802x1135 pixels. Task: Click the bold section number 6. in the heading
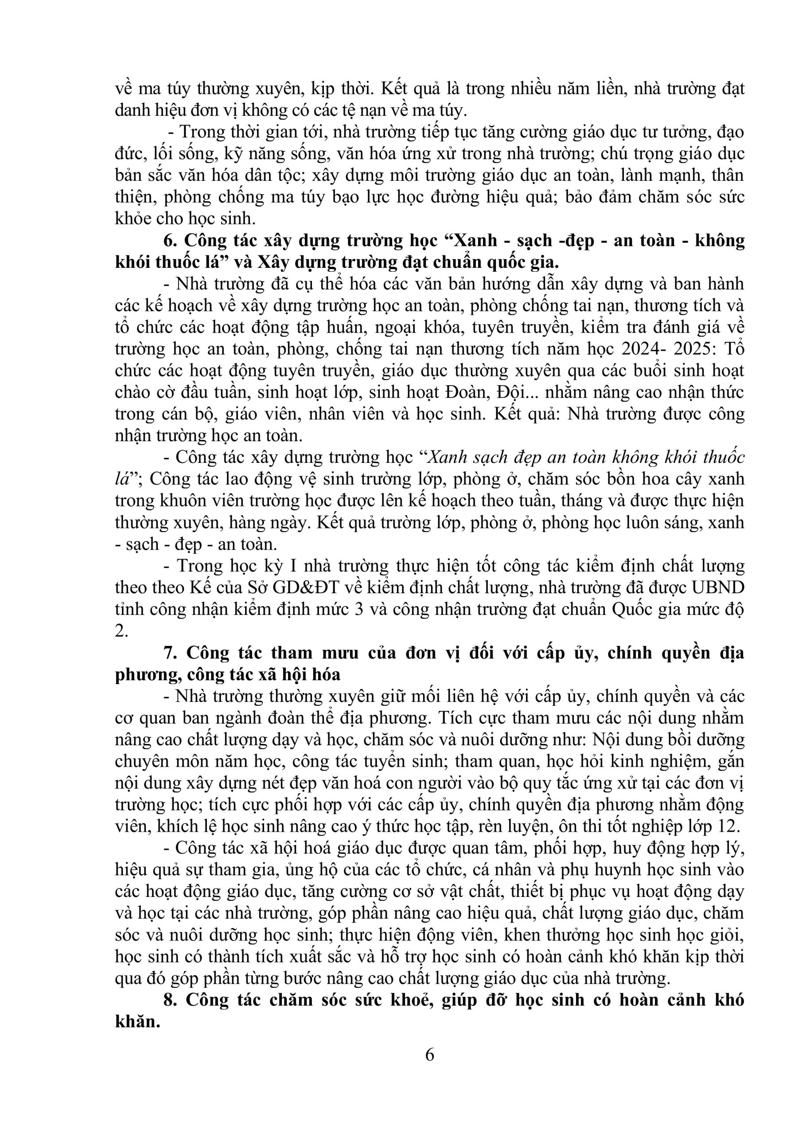[x=170, y=241]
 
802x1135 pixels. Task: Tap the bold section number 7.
[x=170, y=653]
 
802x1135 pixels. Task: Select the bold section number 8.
[x=170, y=1000]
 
